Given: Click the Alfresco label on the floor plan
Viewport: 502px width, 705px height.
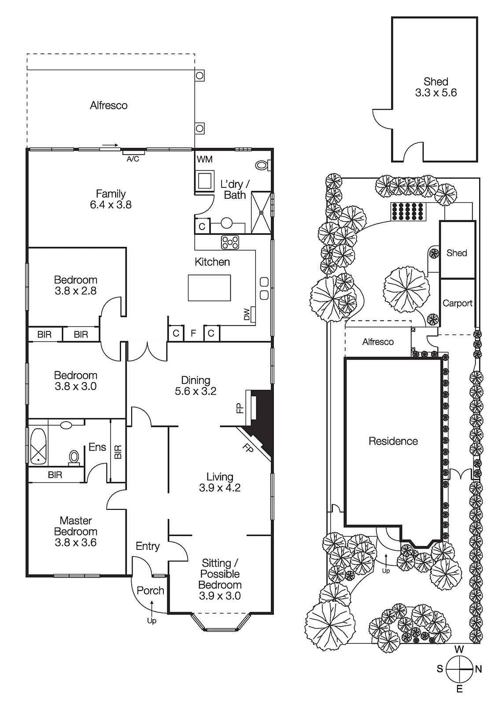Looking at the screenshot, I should pos(108,105).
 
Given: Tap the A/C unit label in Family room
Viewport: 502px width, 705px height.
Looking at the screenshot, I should pos(133,159).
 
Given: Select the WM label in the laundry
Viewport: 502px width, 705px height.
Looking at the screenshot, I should pos(205,159).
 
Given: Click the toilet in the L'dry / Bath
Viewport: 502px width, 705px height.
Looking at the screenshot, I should pos(262,165).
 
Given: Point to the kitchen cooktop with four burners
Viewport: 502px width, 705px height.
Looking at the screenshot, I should pos(230,242).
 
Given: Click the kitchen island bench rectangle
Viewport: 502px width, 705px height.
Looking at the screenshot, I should pos(210,288).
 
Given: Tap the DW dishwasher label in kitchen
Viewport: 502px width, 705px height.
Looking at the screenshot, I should pos(247,314).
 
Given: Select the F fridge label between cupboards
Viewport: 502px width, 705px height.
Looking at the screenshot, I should pos(193,334).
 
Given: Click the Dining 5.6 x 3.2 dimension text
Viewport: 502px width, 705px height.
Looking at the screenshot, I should pos(196,391).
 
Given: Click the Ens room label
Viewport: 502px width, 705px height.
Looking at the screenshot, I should pos(97,447).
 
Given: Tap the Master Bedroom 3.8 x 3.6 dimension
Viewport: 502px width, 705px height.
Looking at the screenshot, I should pos(75,542).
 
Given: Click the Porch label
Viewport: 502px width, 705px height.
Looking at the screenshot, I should pos(150,590).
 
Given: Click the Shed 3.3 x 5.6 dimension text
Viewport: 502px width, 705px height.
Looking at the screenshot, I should pos(436,93).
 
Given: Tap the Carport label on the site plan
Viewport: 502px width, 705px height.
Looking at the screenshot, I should pos(457,303).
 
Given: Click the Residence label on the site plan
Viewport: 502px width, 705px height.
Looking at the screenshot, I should pos(393,441).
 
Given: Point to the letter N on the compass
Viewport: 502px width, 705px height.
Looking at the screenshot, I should pos(479,669).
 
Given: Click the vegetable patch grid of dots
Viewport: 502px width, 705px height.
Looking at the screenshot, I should pos(409,211).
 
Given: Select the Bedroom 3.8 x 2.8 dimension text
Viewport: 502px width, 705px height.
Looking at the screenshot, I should pos(75,291).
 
